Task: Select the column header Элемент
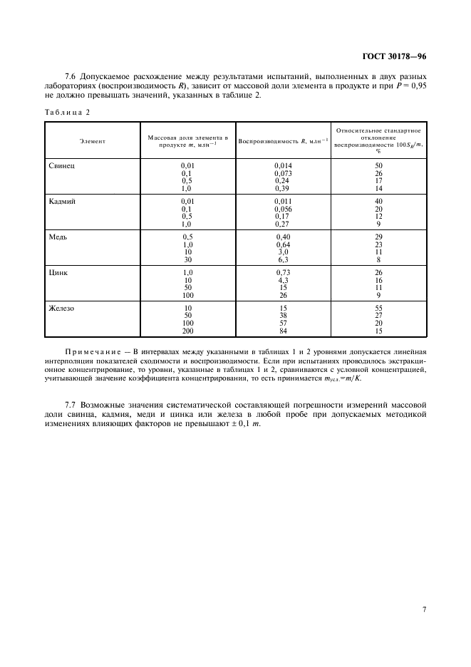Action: click(93, 140)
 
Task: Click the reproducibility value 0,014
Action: click(284, 165)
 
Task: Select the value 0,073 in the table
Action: click(284, 172)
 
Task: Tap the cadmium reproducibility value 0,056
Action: click(284, 209)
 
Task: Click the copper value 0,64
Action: click(284, 244)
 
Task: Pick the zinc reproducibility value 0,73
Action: click(284, 272)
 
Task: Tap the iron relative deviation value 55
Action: click(378, 308)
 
